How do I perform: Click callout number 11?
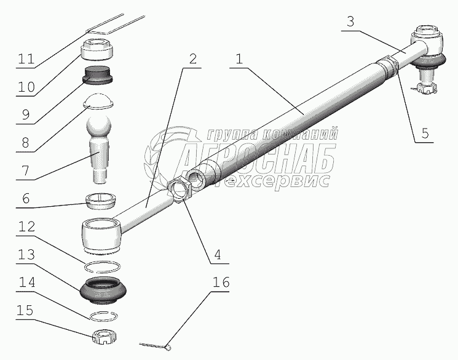tap(26, 58)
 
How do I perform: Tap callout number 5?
tap(425, 133)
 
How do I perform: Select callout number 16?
tap(221, 282)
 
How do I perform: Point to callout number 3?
tap(350, 22)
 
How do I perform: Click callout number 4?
tap(217, 254)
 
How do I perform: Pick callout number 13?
tap(26, 254)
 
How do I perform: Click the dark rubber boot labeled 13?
tap(103, 289)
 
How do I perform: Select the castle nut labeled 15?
tap(105, 336)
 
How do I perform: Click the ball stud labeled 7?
tap(98, 149)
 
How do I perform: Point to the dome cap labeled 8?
tap(98, 102)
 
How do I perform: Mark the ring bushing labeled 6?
tap(100, 201)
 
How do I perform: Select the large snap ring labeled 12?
tap(102, 266)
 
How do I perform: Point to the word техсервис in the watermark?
tap(276, 181)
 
